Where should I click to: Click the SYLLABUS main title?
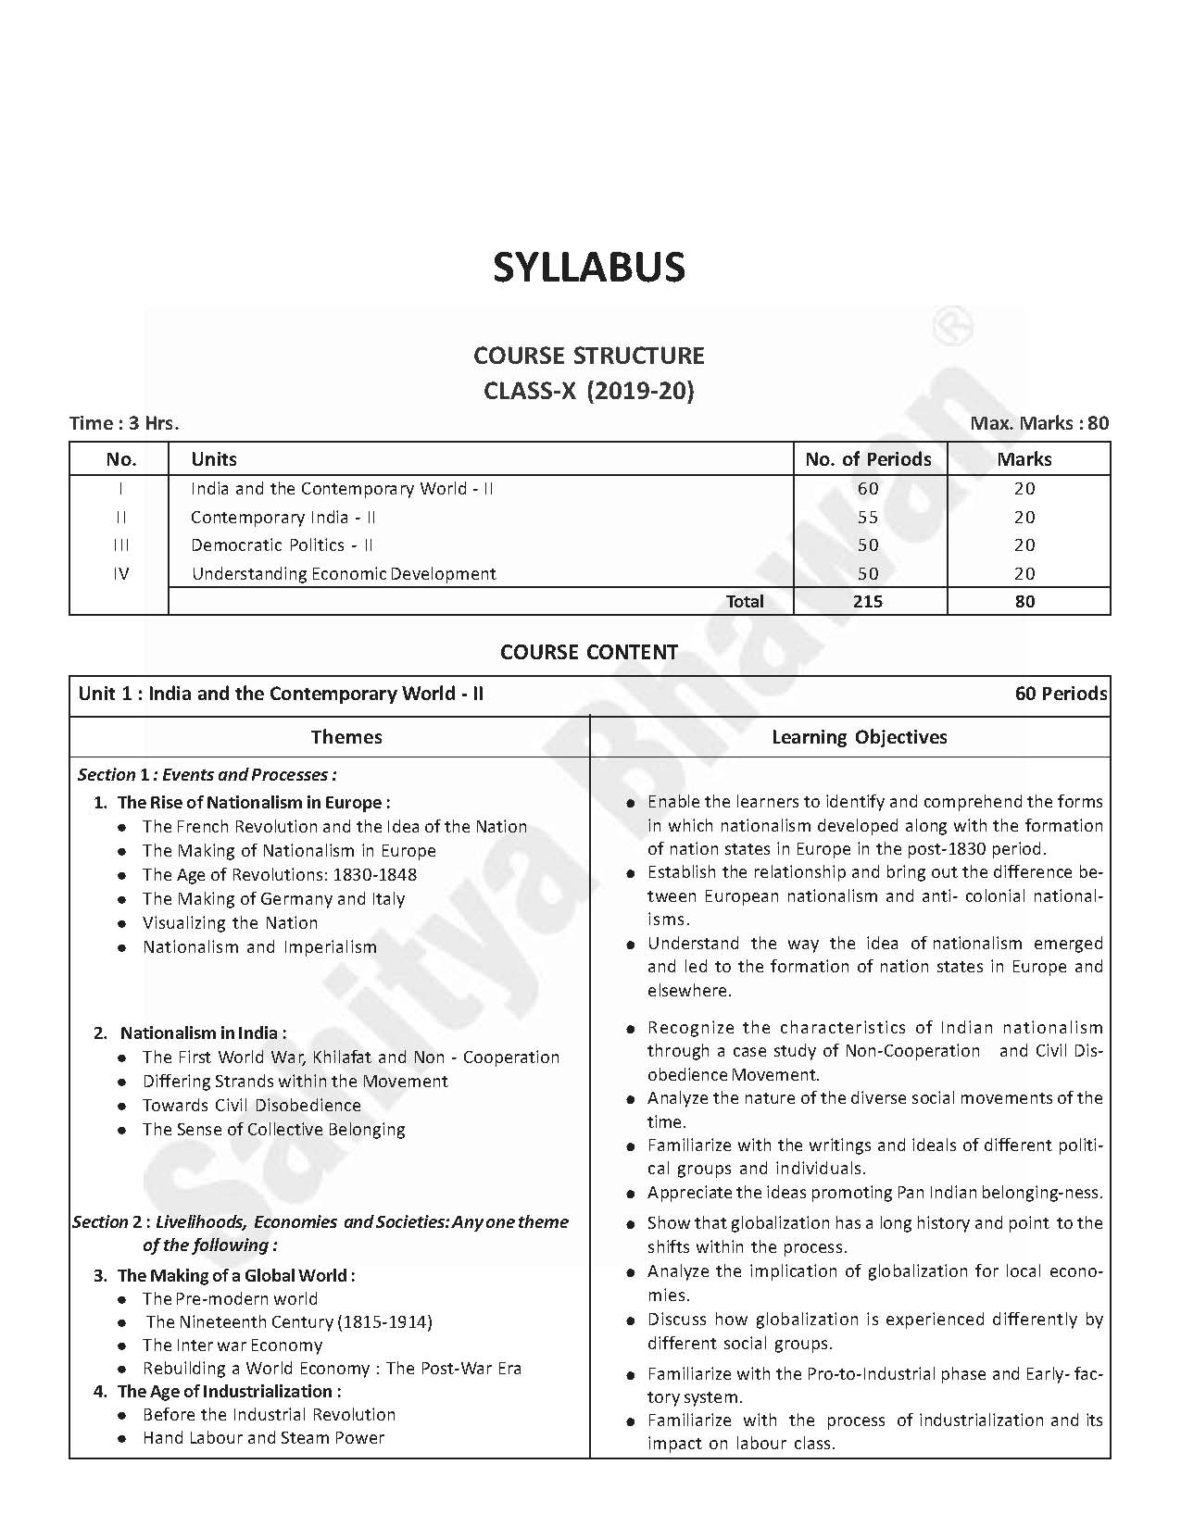(x=589, y=268)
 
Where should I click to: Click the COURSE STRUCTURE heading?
(x=589, y=356)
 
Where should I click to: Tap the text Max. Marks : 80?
(x=1039, y=423)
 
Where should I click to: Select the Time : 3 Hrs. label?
(x=124, y=423)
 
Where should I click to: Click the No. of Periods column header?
(x=869, y=459)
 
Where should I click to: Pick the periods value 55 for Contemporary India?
(x=868, y=517)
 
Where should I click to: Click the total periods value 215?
(x=868, y=601)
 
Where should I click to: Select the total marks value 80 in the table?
(x=1024, y=601)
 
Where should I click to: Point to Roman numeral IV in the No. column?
(x=120, y=573)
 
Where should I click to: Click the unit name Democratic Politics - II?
(x=282, y=544)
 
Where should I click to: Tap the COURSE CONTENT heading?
(x=589, y=652)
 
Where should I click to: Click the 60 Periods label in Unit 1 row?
(x=1061, y=694)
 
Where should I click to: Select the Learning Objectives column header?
(x=859, y=737)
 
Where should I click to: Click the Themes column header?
(x=346, y=737)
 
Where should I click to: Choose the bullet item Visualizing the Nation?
(x=230, y=922)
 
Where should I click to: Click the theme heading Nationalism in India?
(x=203, y=1033)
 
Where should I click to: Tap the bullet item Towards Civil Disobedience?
(x=251, y=1105)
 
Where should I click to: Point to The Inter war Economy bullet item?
(x=232, y=1345)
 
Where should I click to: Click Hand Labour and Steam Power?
(x=263, y=1437)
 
